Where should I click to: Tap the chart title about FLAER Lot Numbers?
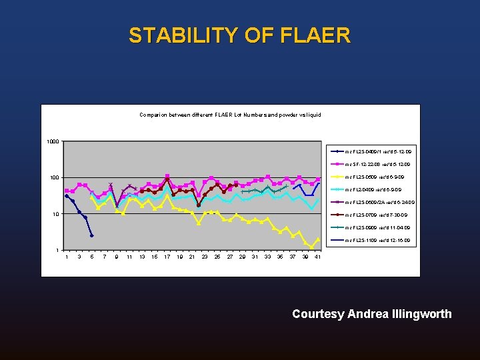click(230, 115)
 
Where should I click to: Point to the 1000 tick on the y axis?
click(53, 141)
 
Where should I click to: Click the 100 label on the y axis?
click(54, 177)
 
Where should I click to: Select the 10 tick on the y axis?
click(56, 214)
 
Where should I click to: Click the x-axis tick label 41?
click(318, 257)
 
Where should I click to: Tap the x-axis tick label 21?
click(192, 257)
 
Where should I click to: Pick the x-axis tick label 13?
click(142, 257)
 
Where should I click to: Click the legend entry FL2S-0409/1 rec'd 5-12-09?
click(377, 152)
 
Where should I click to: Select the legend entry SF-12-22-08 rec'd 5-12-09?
click(377, 165)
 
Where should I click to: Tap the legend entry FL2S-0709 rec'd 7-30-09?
click(375, 215)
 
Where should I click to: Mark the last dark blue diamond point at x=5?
click(91, 235)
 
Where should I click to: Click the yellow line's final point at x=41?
click(318, 239)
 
